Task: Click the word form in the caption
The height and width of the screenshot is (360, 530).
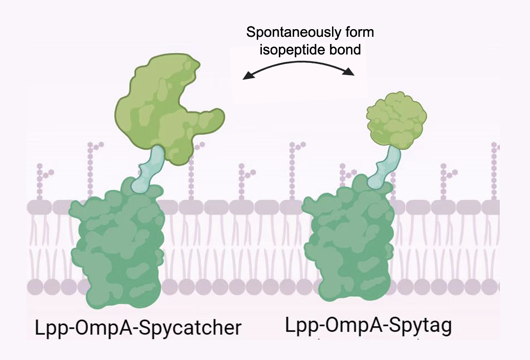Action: [x=359, y=33]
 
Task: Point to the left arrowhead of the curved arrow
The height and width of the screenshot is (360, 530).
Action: [x=248, y=76]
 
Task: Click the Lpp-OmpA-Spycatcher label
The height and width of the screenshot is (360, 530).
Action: [x=138, y=327]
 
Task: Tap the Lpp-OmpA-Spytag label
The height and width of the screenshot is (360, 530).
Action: [x=368, y=325]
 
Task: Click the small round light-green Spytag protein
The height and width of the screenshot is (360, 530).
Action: [x=397, y=121]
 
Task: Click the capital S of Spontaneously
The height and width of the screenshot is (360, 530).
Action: [x=251, y=33]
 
